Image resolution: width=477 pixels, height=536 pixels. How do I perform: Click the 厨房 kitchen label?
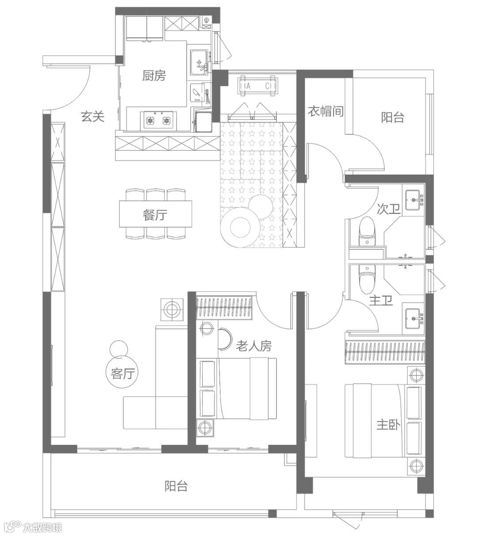coord(154,76)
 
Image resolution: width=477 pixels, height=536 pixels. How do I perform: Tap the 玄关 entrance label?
coord(92,117)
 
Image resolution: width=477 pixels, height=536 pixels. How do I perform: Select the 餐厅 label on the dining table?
coord(155,215)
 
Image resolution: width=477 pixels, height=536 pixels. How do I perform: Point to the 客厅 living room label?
coord(122,374)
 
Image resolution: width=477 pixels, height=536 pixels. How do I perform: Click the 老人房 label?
coord(254,346)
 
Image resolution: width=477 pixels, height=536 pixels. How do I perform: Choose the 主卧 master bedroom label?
coord(388,425)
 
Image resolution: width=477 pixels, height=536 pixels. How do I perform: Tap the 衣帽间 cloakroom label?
coord(326,111)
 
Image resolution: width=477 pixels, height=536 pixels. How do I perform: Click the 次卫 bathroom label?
coord(389,209)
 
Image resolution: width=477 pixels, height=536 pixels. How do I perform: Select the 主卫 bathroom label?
coord(381,302)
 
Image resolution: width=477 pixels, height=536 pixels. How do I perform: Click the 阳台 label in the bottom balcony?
coord(176,486)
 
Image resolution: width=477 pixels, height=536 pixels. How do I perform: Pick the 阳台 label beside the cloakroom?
coord(393,117)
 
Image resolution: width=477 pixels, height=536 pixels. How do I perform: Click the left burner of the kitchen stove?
coord(150,120)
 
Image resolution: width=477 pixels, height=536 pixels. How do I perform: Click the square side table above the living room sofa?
coord(171,309)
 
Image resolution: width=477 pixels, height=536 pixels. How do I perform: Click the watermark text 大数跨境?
coord(43,527)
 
